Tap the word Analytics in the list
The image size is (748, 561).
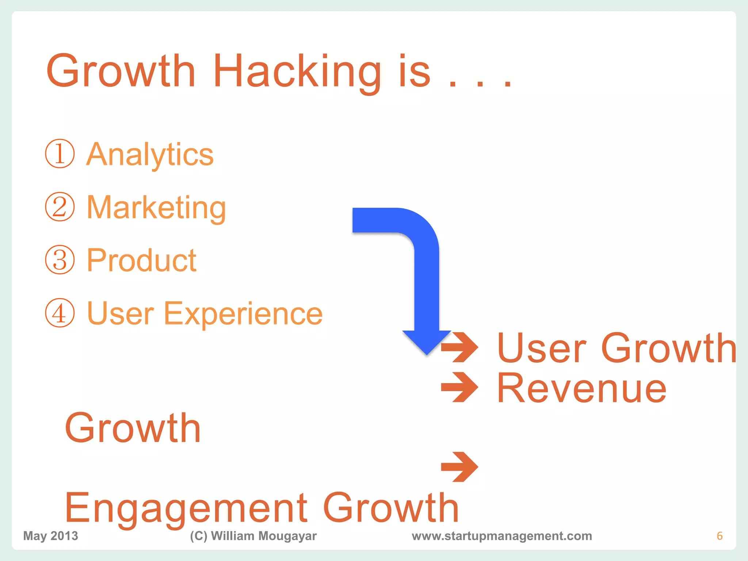click(x=150, y=154)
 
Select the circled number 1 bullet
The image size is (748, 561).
click(x=60, y=154)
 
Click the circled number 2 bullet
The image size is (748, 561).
click(x=60, y=207)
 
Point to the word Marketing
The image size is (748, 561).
click(x=156, y=207)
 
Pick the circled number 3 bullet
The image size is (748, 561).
click(x=60, y=260)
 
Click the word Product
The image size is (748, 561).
click(x=142, y=260)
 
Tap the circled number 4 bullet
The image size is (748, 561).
click(x=60, y=313)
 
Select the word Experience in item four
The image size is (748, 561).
click(x=243, y=314)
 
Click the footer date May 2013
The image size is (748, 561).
click(x=51, y=536)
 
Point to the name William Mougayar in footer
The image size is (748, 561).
click(x=263, y=536)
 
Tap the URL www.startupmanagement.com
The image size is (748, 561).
click(x=502, y=536)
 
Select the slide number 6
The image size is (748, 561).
click(x=720, y=536)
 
